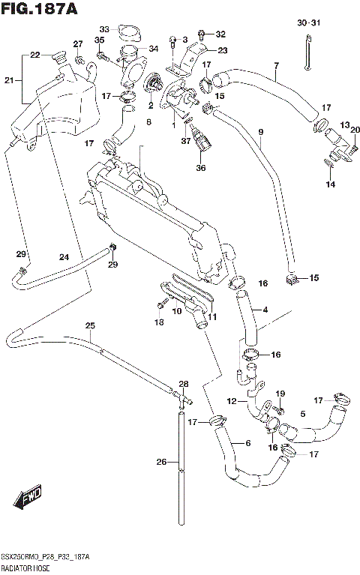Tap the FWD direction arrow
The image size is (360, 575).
27,496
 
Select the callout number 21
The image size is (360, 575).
9,80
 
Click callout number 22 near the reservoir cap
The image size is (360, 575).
34,55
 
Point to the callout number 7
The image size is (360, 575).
276,66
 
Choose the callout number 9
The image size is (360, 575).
260,133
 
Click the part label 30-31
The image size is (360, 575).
308,24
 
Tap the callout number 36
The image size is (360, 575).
199,167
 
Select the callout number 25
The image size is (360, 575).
90,325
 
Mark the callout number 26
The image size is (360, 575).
160,462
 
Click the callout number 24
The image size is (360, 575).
64,257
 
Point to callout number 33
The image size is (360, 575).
105,29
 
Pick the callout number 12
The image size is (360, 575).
232,401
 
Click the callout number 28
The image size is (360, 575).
183,383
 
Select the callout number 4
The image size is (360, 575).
265,309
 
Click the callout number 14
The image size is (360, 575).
329,184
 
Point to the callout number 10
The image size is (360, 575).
177,310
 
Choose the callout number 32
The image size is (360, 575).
220,34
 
